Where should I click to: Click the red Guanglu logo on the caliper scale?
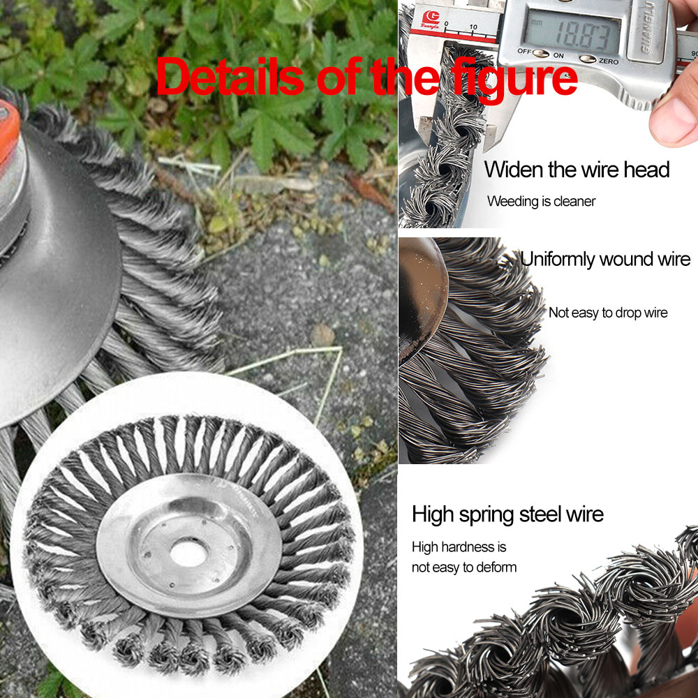tap(431, 20)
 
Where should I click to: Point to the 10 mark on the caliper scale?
tap(473, 27)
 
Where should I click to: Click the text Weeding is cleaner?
tap(542, 201)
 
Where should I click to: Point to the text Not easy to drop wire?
tap(608, 313)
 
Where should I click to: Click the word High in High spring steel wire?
tap(433, 514)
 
